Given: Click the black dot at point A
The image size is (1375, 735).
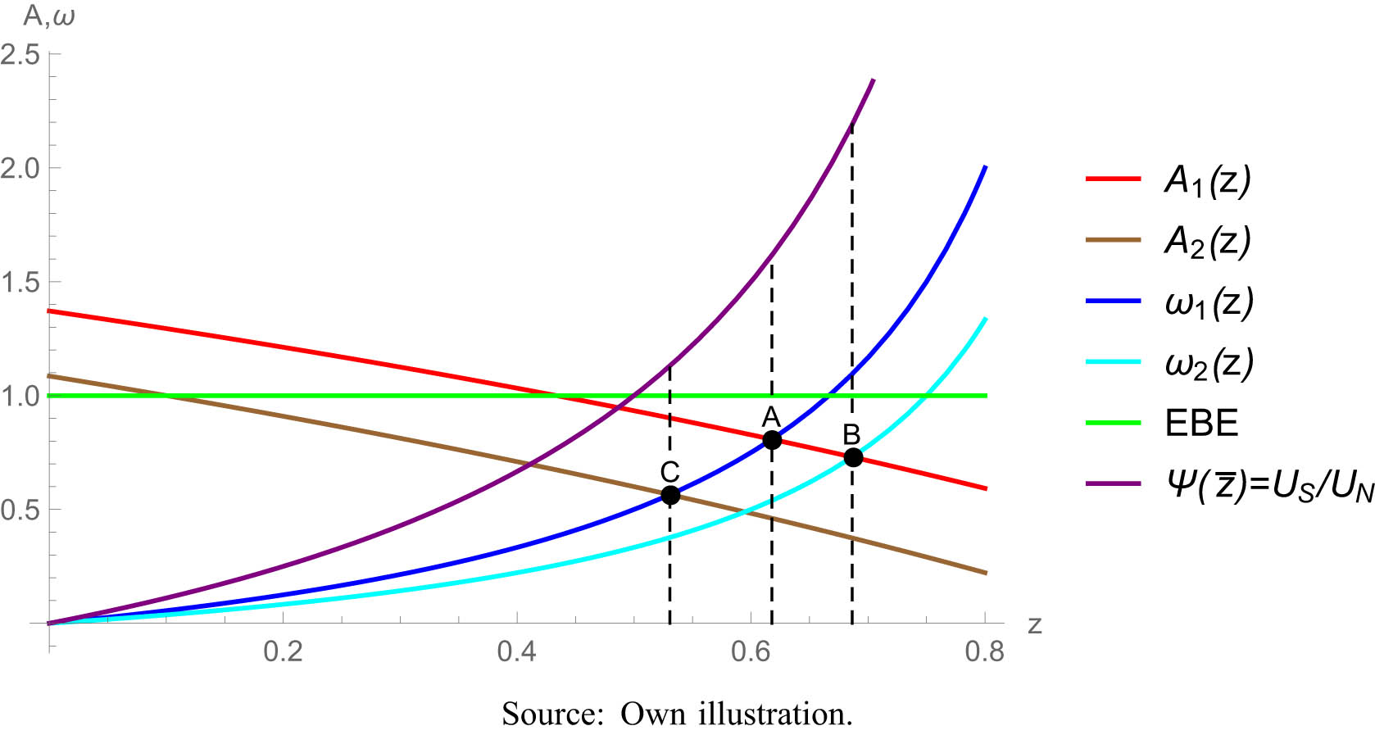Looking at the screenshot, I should (772, 440).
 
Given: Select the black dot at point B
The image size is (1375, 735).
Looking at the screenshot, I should (853, 457).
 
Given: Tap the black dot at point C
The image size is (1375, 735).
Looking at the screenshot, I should (670, 495).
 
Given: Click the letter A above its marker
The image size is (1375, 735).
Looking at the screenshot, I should (771, 416).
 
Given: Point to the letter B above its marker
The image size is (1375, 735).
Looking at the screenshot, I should (851, 434).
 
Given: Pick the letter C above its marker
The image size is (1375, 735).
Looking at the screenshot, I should (669, 472).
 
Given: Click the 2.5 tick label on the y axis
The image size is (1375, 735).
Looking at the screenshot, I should (20, 55).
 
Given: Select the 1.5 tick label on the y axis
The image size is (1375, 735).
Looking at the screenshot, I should (20, 283).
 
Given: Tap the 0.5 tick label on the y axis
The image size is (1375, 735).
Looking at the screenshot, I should (20, 510).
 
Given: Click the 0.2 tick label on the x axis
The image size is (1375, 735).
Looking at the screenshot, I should (283, 652).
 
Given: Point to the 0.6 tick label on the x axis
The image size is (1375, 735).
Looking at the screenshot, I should (751, 652).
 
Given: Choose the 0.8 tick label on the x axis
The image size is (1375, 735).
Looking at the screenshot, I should (984, 652).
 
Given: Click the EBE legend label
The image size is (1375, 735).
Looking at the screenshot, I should (1201, 424).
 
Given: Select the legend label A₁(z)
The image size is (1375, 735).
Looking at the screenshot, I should (1208, 180).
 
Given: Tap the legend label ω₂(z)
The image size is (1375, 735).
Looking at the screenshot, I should (1209, 363).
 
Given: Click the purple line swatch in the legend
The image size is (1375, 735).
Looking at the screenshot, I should (1113, 483).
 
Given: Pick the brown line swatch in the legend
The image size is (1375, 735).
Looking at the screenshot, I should (1113, 240).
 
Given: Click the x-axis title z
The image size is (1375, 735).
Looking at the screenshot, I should (1035, 625).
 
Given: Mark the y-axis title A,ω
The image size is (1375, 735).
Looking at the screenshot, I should (49, 16).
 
